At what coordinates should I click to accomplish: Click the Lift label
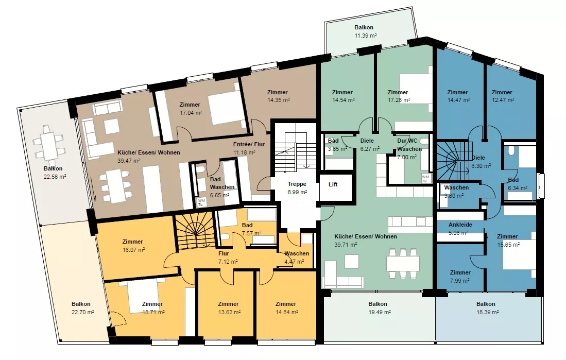pyautogui.click(x=333, y=184)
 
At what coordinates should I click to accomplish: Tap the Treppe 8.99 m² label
pyautogui.click(x=297, y=188)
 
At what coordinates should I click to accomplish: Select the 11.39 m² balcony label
pyautogui.click(x=365, y=36)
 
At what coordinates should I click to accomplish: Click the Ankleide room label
pyautogui.click(x=460, y=225)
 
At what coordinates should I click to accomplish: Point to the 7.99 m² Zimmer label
pyautogui.click(x=460, y=277)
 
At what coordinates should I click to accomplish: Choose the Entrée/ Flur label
pyautogui.click(x=249, y=144)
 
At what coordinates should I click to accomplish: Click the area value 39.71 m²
pyautogui.click(x=346, y=245)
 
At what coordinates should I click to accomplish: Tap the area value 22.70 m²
pyautogui.click(x=83, y=312)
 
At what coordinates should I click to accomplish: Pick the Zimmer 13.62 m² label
pyautogui.click(x=229, y=308)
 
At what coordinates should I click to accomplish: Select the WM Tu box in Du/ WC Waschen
pyautogui.click(x=425, y=178)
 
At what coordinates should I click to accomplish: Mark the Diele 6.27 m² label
pyautogui.click(x=369, y=144)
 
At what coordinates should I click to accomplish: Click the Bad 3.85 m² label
pyautogui.click(x=336, y=144)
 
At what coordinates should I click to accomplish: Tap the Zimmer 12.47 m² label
pyautogui.click(x=503, y=96)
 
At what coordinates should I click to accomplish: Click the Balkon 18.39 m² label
pyautogui.click(x=487, y=308)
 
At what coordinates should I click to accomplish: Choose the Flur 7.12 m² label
pyautogui.click(x=228, y=258)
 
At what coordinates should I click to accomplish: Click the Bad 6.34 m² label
pyautogui.click(x=517, y=184)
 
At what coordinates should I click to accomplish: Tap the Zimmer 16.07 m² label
pyautogui.click(x=133, y=246)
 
